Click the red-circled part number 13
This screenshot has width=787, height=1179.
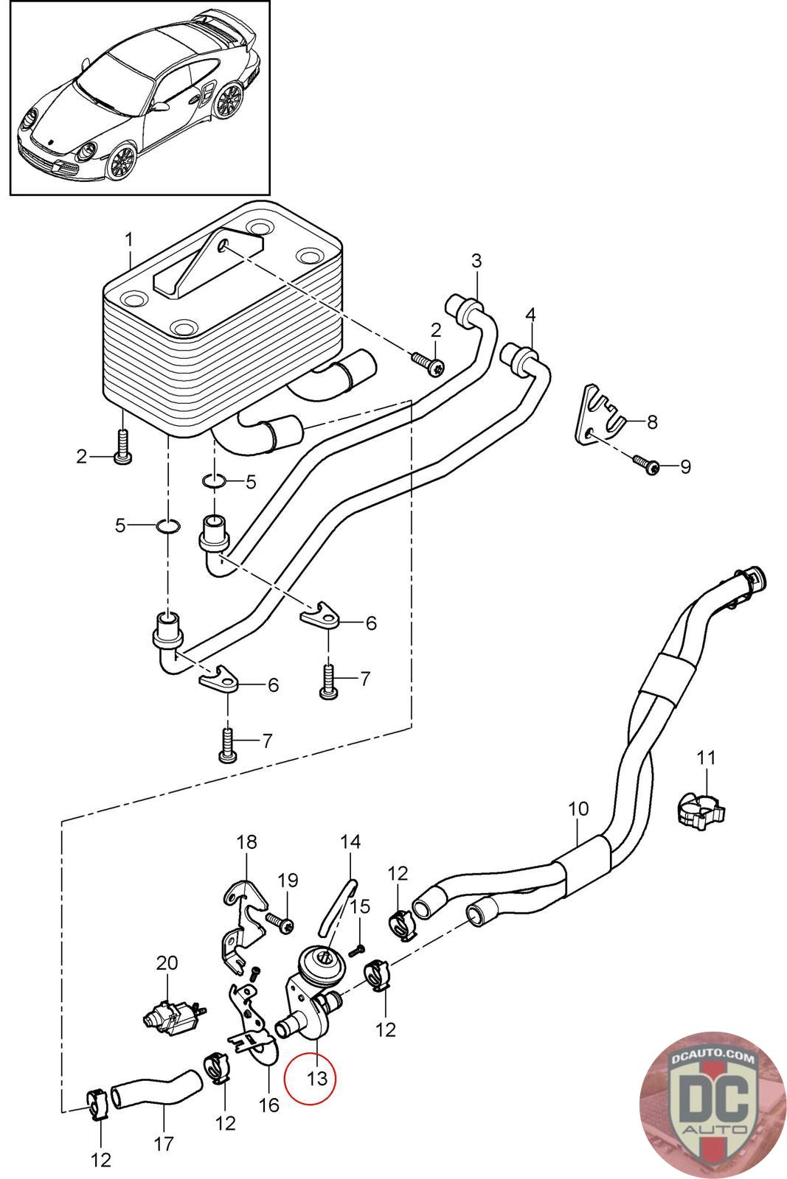(x=317, y=1079)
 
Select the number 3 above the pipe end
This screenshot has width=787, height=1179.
(x=476, y=261)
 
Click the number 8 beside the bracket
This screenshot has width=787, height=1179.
(x=652, y=421)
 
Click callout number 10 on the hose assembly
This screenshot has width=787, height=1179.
(x=578, y=808)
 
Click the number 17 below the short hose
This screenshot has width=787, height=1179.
(x=163, y=1143)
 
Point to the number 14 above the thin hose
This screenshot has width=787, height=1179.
(x=350, y=842)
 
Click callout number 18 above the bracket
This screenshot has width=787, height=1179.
(x=246, y=842)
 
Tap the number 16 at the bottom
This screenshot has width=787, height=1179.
(x=268, y=1105)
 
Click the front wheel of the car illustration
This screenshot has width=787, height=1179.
(x=122, y=161)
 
